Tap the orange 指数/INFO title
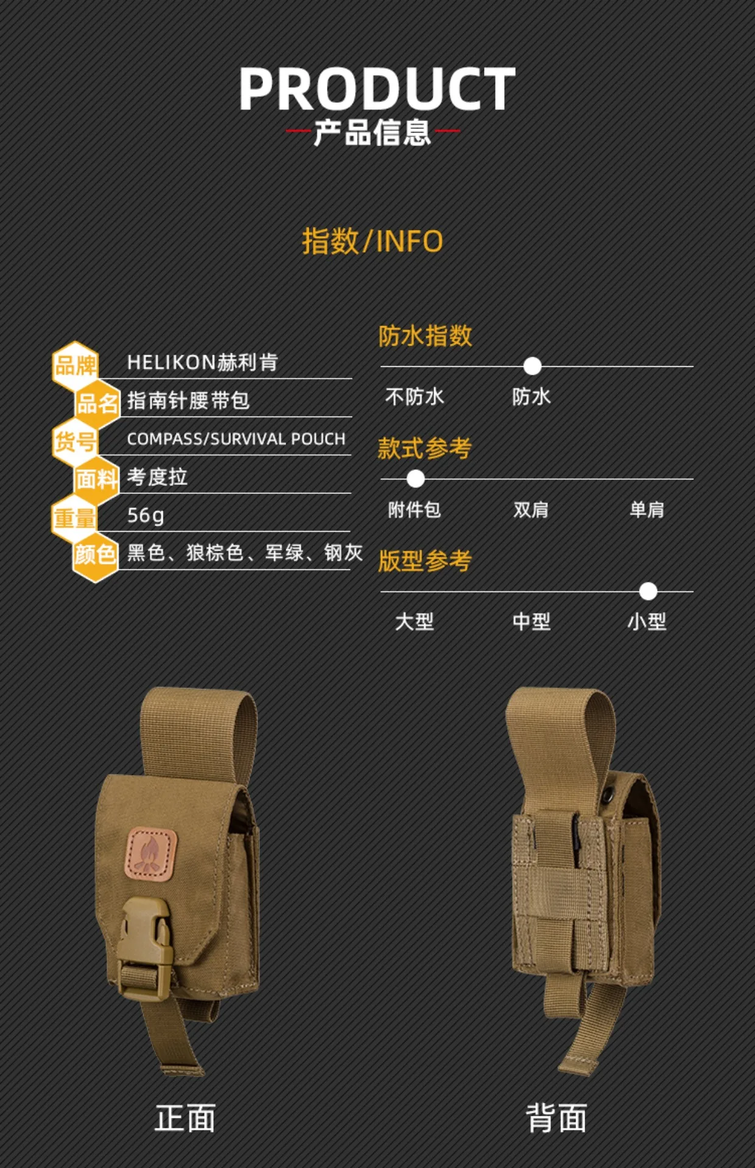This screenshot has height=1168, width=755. [372, 241]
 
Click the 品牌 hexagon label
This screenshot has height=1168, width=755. [75, 366]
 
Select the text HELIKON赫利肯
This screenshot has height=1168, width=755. [202, 363]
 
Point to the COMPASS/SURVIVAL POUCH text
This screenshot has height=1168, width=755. [236, 439]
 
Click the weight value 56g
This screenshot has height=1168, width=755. [146, 515]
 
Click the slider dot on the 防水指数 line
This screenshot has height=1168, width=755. [532, 366]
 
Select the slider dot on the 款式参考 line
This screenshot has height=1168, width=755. [415, 479]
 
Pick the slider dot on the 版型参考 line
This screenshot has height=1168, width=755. [648, 591]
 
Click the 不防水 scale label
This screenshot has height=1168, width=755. [415, 397]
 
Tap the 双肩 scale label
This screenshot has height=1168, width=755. [531, 509]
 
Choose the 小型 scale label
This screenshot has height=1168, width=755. [647, 622]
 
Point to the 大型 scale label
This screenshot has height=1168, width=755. [415, 622]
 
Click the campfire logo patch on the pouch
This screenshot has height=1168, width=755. [151, 853]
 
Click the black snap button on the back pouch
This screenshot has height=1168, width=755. [608, 793]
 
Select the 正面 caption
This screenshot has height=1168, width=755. [185, 1118]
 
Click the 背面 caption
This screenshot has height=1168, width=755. [557, 1118]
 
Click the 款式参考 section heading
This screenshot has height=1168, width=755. [424, 448]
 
